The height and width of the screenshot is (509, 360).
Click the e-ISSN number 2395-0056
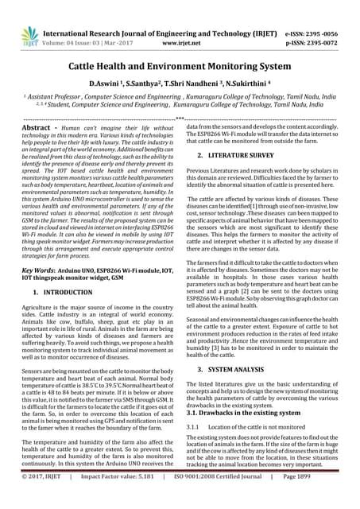point(333,13)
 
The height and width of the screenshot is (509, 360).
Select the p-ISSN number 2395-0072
point(333,23)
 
